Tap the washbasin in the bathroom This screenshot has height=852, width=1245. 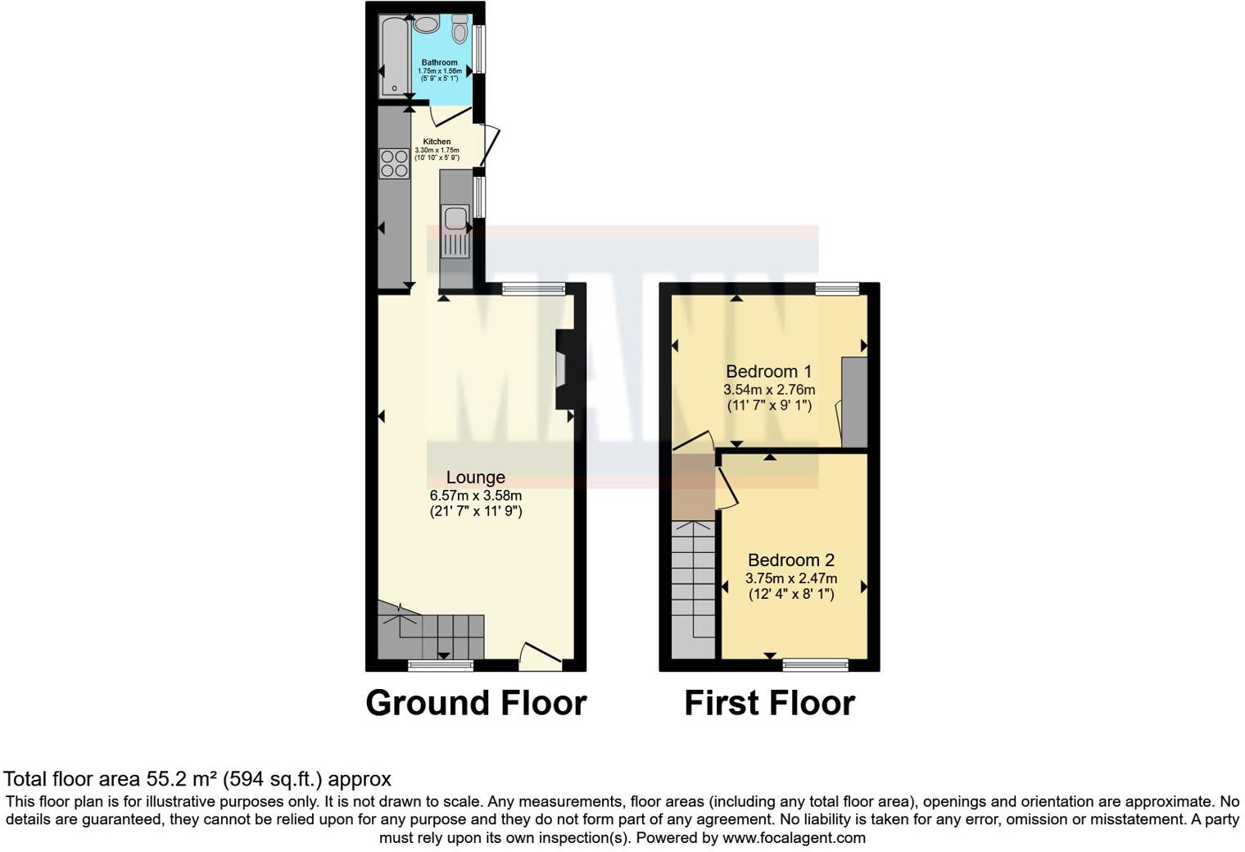pos(426,24)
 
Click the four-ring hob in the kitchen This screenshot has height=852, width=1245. pos(394,163)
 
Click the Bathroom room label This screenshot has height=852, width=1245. pos(440,62)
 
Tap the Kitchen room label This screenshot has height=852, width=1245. pos(437,142)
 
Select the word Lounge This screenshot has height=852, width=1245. pos(475,478)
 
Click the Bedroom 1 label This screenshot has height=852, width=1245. pos(768,372)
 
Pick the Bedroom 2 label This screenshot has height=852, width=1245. pos(790,560)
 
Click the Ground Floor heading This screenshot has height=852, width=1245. pos(476,703)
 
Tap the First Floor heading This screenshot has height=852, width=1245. pos(769,703)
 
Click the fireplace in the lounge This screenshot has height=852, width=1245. pos(563,369)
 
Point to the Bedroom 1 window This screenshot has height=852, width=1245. pos(837,288)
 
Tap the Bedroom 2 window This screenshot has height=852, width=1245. pos(815,664)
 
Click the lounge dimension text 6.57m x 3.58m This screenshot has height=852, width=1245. pos(475,496)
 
